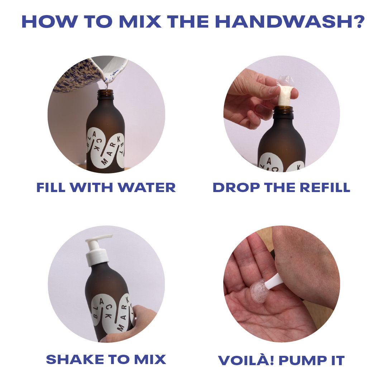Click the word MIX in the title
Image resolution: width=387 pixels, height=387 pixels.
[139, 22]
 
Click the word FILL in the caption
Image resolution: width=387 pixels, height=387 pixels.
[51, 187]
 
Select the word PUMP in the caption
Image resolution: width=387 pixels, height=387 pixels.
[302, 360]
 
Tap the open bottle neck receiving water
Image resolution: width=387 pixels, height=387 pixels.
[105, 94]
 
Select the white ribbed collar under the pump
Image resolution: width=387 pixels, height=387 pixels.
[97, 257]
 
